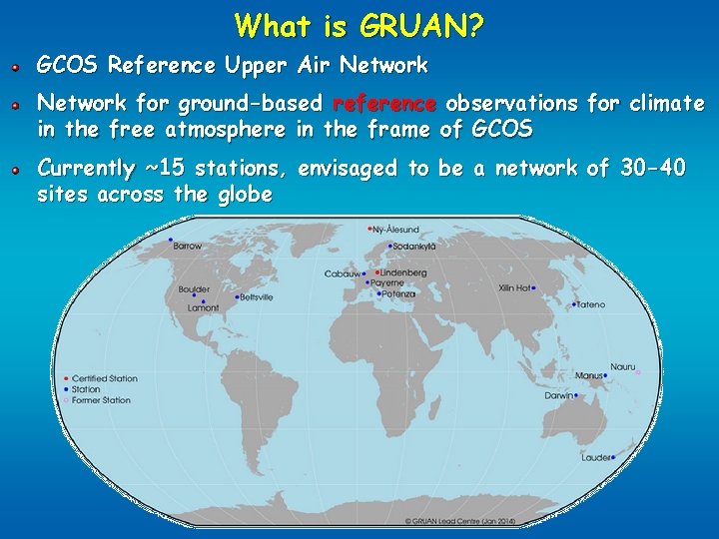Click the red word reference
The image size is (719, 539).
[383, 103]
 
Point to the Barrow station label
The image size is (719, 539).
[187, 247]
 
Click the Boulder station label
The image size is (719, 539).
[194, 289]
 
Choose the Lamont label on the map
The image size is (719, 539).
[203, 308]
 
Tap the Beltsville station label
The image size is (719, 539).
[256, 297]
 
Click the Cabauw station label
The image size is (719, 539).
[342, 273]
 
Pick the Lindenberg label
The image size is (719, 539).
[403, 272]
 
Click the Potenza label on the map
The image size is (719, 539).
[396, 294]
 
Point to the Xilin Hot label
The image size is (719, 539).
[514, 288]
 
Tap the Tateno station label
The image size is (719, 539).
[589, 304]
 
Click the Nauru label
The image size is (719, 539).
[622, 366]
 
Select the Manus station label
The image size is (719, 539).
[588, 376]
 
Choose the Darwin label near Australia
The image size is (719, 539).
[558, 395]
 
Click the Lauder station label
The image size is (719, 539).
[596, 458]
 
